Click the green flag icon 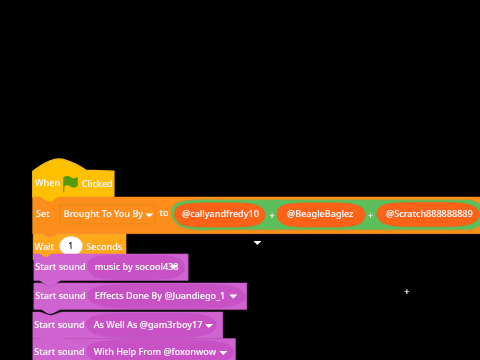click(x=70, y=183)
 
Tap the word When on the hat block click(x=47, y=183)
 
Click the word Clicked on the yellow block click(x=97, y=184)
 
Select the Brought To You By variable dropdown click(x=108, y=214)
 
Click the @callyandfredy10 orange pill click(x=220, y=214)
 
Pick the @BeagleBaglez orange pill click(x=320, y=214)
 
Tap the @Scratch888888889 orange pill click(x=429, y=214)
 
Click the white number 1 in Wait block click(x=71, y=246)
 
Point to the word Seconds click(x=104, y=247)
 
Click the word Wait click(x=44, y=247)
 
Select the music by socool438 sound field click(x=137, y=267)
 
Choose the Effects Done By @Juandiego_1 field click(x=165, y=296)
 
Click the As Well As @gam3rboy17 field click(x=152, y=325)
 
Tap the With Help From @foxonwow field click(x=160, y=352)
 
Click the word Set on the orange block click(x=43, y=214)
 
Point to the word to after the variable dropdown click(x=164, y=213)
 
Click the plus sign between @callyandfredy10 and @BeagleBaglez click(x=272, y=216)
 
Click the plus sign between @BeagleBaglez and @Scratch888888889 click(x=370, y=216)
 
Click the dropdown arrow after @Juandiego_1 click(x=233, y=296)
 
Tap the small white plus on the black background click(x=406, y=292)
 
